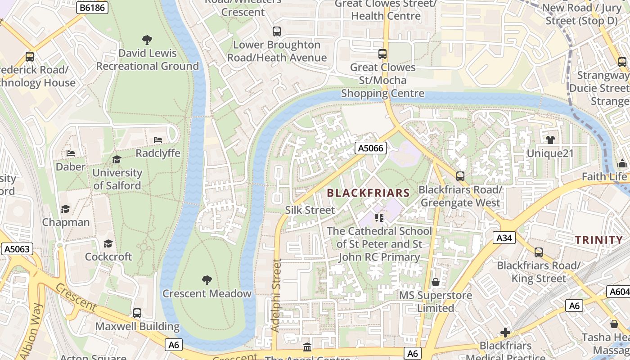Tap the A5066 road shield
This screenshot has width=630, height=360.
371,148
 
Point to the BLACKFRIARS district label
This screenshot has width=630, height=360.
368,193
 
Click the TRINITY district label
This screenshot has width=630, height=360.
598,240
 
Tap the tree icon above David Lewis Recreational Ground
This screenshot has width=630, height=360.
147,40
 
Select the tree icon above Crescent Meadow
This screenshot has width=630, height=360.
207,280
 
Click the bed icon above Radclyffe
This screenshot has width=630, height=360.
158,140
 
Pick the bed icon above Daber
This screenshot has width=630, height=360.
71,153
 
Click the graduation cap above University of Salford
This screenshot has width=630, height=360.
117,159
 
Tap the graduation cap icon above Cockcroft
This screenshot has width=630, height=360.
108,243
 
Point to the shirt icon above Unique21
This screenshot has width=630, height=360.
550,140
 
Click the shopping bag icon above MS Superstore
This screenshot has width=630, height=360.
435,282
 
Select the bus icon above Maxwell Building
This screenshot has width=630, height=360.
137,313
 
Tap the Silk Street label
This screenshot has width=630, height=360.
310,210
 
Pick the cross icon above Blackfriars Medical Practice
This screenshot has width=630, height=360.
505,333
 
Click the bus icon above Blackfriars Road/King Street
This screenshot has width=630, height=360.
538,252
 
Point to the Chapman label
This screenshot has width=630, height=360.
66,222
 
